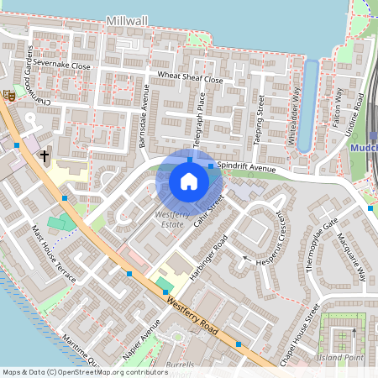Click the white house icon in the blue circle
[x=189, y=181]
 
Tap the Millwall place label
[x=128, y=18]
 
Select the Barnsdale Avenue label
[x=144, y=119]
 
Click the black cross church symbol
[x=44, y=156]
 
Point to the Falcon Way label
[x=339, y=106]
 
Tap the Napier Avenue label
[x=141, y=342]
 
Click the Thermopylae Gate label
[x=322, y=243]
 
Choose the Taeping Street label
[x=260, y=121]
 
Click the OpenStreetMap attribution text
[x=84, y=371]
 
